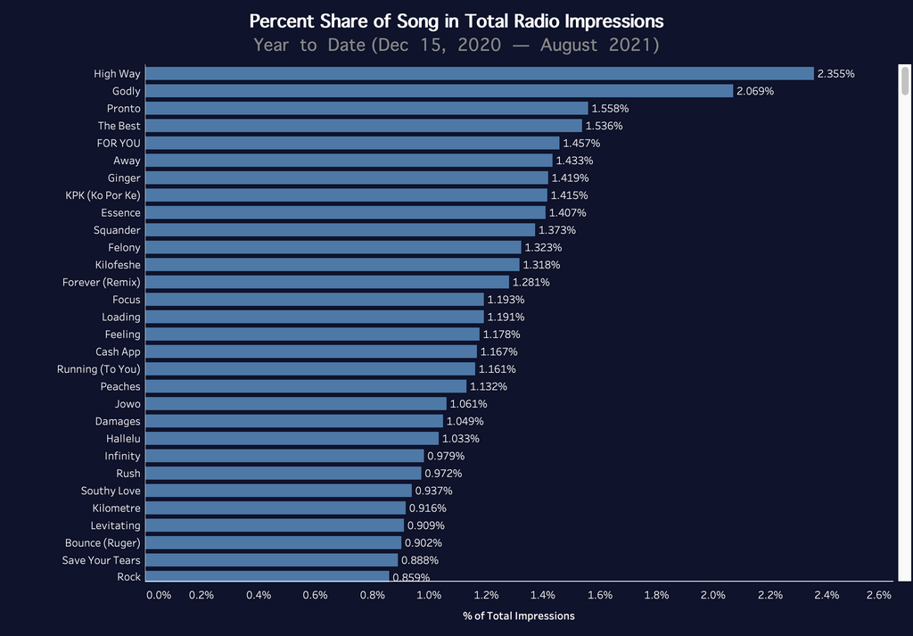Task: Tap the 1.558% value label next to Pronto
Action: coord(610,108)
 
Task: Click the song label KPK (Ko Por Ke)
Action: coord(103,195)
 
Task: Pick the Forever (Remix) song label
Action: coord(101,282)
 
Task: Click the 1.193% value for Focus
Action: coord(506,300)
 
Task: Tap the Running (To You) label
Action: coord(98,368)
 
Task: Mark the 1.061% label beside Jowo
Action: coord(468,404)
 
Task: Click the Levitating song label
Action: coord(115,525)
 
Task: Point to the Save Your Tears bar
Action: coord(271,560)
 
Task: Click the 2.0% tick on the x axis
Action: coord(713,595)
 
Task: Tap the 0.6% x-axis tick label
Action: coord(315,595)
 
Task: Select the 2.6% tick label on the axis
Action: coord(878,595)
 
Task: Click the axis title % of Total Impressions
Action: coord(519,615)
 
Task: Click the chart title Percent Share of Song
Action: coord(456,21)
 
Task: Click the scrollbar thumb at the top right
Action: coord(905,81)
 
